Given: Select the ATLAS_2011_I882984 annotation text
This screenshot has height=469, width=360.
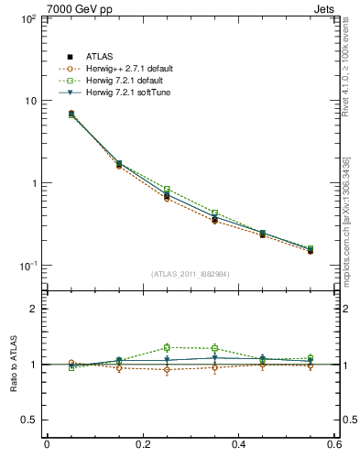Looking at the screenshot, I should (x=190, y=274).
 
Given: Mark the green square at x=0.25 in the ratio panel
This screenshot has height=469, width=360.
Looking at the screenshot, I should (x=167, y=347).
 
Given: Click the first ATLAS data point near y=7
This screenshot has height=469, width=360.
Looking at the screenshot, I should (x=71, y=114).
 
